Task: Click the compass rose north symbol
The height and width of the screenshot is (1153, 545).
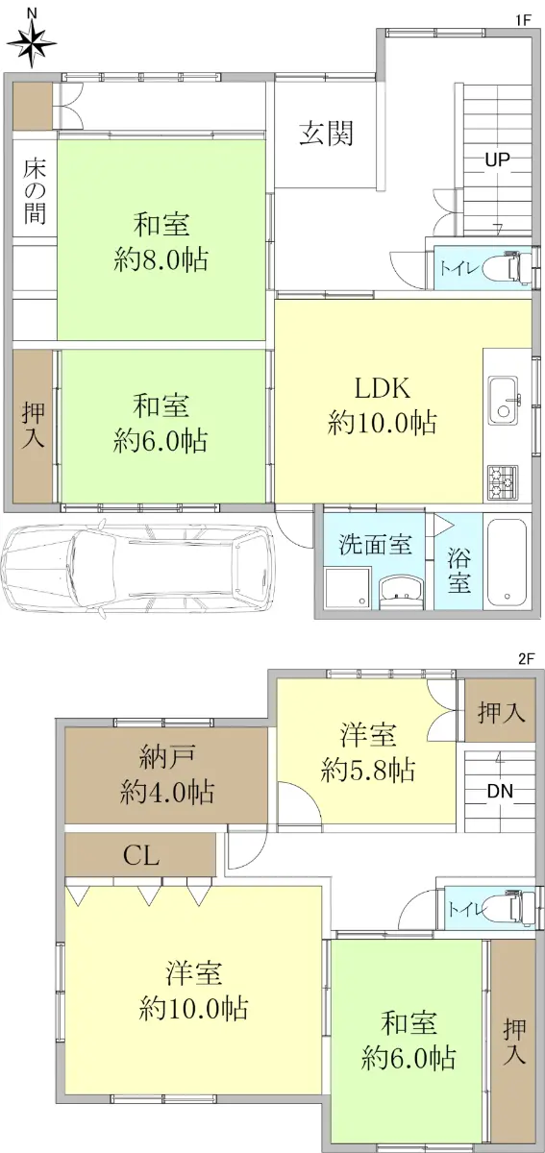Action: tap(32, 40)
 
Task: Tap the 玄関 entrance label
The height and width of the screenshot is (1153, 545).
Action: tap(327, 134)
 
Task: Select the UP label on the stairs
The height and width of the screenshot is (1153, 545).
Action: tap(497, 159)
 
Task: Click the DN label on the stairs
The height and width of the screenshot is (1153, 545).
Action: tap(500, 791)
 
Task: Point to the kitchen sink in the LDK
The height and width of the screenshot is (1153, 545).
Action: tap(504, 402)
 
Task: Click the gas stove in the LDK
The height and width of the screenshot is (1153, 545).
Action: tap(503, 482)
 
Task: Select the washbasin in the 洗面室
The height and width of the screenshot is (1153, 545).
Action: tap(400, 592)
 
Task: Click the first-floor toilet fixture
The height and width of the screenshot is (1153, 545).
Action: tap(515, 268)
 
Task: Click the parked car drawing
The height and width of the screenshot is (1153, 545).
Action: tap(138, 566)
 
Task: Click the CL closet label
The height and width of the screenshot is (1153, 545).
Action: tap(141, 855)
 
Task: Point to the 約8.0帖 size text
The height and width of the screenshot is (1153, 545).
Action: tap(161, 259)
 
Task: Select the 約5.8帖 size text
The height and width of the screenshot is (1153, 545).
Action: tap(368, 771)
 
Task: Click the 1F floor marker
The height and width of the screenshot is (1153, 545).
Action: tap(523, 20)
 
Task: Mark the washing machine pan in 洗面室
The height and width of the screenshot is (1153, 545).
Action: tap(347, 589)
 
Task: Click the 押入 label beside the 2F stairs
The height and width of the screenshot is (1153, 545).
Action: tap(501, 713)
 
